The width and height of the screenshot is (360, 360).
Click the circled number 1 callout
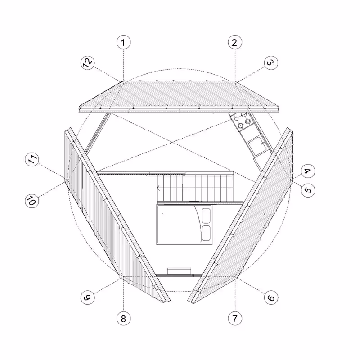click(x=123, y=43)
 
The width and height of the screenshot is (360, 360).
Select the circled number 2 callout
click(x=234, y=43)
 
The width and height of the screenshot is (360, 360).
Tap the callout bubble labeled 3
click(x=270, y=63)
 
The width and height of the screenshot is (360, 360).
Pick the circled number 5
click(x=308, y=190)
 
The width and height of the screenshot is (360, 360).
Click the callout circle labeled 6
click(x=271, y=298)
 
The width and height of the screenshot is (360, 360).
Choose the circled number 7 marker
click(x=234, y=319)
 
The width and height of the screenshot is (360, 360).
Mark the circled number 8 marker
click(x=123, y=319)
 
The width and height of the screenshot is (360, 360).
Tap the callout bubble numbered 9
click(x=88, y=297)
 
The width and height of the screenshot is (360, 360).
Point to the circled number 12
click(x=88, y=63)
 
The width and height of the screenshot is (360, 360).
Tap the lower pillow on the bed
click(x=207, y=233)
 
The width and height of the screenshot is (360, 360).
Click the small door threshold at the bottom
click(x=180, y=270)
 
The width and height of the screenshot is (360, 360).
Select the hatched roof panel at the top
click(x=179, y=95)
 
